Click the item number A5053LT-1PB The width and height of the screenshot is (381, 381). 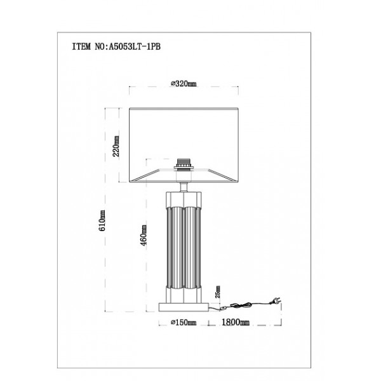point(135,46)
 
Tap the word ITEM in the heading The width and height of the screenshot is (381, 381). point(81,46)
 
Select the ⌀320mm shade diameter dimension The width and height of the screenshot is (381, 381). point(184,84)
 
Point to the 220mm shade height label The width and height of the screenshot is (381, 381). point(116,146)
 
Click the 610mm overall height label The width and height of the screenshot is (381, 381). point(102,220)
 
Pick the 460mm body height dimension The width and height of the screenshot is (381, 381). point(144,235)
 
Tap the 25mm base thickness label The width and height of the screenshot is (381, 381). point(218,292)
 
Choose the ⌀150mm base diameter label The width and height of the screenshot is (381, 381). point(184,323)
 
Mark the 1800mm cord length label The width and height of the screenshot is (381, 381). point(236,322)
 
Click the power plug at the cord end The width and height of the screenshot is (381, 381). point(276,301)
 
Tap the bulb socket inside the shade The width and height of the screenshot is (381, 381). point(184,164)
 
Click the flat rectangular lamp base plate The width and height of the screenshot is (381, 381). point(184,307)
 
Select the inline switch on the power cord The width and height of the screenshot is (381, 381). point(223,309)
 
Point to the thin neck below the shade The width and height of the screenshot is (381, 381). point(184,187)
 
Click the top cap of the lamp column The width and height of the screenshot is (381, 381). point(184,199)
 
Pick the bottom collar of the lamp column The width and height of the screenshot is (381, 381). point(184,295)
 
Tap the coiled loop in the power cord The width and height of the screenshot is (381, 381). point(241,305)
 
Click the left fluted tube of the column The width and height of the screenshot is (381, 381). point(177,248)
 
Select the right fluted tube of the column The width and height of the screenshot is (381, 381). point(190,248)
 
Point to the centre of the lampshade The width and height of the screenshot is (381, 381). point(184,145)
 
